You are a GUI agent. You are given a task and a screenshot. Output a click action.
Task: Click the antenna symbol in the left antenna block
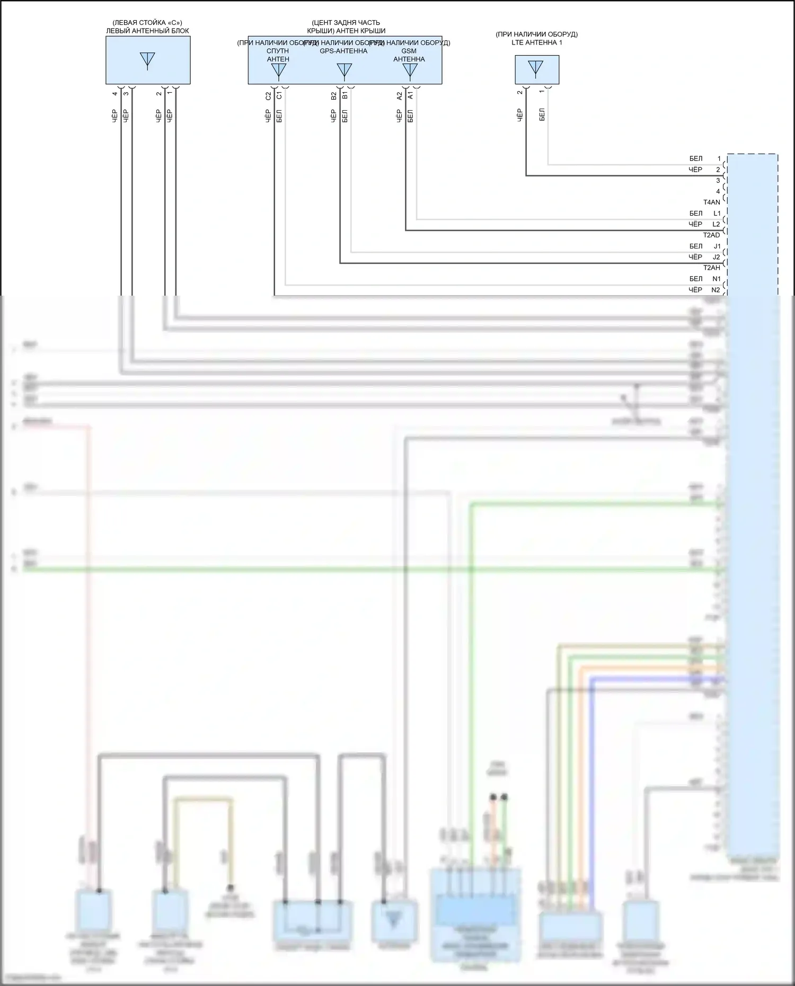pos(147,60)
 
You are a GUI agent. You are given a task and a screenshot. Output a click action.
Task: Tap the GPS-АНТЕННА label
pos(343,51)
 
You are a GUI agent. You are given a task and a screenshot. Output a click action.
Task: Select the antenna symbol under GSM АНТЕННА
pos(410,70)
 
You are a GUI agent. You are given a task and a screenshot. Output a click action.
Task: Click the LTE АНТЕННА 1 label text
pos(536,42)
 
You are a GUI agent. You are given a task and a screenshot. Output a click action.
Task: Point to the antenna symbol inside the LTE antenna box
pos(536,68)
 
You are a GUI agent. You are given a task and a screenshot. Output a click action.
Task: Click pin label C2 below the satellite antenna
pos(268,96)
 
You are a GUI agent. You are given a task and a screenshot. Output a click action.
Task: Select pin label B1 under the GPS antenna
pos(345,95)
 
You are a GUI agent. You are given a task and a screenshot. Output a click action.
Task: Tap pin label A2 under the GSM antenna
pos(400,96)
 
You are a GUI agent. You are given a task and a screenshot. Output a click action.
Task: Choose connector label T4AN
pos(711,202)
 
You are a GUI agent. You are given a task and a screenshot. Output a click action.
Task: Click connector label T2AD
pos(711,235)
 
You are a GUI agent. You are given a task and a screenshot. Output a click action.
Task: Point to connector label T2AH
pos(711,268)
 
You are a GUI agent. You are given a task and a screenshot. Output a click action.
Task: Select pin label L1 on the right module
pos(717,213)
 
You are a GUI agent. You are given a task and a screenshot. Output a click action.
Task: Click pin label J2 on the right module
pos(717,257)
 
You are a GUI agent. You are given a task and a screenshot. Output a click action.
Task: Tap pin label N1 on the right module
pos(716,279)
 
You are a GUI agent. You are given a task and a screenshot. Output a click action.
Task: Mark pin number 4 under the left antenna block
pos(115,94)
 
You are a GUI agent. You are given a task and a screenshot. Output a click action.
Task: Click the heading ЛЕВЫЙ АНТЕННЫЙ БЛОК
pos(147,31)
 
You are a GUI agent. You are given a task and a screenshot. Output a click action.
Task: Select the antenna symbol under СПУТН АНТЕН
pos(278,70)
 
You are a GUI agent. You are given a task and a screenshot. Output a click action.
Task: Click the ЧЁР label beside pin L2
pos(695,224)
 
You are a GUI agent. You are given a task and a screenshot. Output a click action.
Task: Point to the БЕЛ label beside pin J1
pos(696,246)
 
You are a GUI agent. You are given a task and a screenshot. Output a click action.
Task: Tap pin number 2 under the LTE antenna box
pos(520,92)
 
